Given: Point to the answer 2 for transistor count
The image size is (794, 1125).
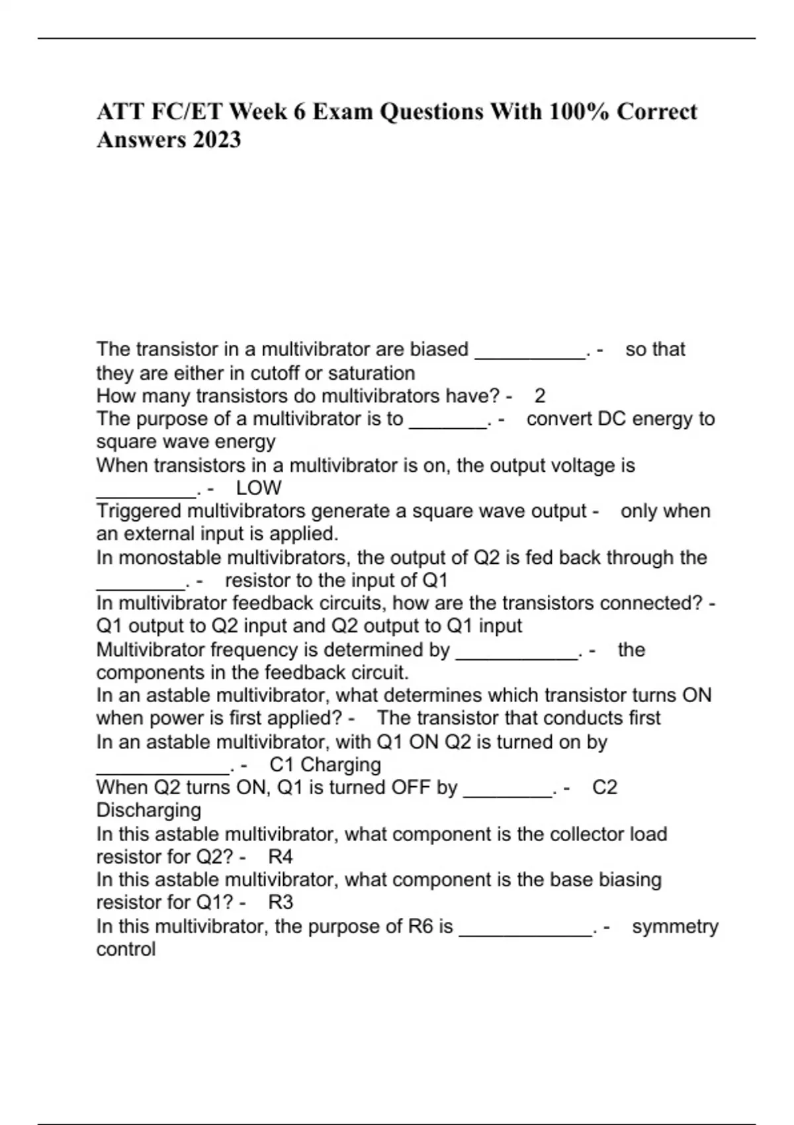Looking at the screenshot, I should tap(540, 396).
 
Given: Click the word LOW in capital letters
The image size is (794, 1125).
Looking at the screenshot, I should tap(259, 488).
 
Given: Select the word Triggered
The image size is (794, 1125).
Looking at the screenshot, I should tap(139, 512).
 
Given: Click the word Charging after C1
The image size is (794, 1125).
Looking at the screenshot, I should tap(340, 765).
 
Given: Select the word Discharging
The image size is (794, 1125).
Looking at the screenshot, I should tap(149, 811).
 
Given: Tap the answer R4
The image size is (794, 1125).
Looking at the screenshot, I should tap(281, 857).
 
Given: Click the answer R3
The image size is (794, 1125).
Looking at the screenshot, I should tap(281, 903).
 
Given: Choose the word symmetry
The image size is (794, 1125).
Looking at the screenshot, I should tap(675, 926).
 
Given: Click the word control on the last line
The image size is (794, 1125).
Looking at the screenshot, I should tap(126, 950).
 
